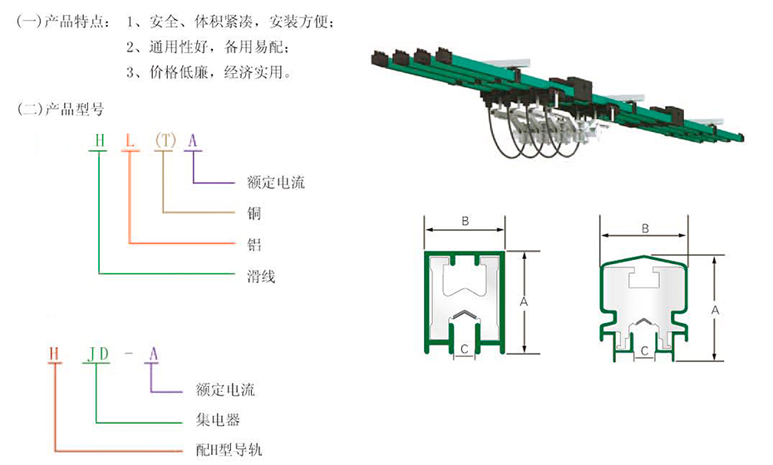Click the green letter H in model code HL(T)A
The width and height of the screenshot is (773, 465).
point(99,140)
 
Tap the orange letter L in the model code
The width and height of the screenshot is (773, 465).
point(130,140)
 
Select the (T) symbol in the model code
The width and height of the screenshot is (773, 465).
point(165,140)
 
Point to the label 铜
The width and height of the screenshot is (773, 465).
point(254,213)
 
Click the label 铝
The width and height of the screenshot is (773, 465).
point(254,244)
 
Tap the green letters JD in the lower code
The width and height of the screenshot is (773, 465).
point(99,355)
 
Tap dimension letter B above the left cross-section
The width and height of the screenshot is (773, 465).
point(465,221)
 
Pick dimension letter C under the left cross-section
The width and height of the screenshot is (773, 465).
point(465,348)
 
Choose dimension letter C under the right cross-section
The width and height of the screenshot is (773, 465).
point(644,352)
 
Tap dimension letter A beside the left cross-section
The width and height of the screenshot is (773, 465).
point(524,303)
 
